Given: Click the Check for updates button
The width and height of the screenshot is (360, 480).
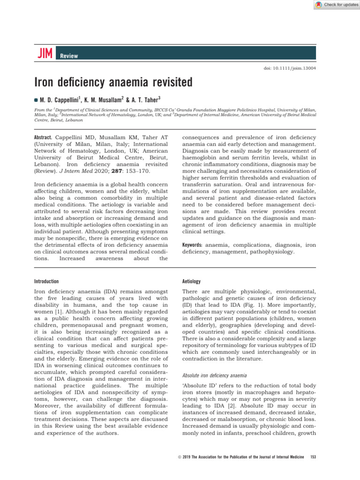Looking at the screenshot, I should tap(337, 4).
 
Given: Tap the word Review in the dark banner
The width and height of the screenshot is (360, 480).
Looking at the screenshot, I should tap(68, 56).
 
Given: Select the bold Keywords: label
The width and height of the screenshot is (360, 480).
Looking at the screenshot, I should tap(192, 244).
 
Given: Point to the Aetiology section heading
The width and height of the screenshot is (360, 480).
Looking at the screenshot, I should tap(191, 281).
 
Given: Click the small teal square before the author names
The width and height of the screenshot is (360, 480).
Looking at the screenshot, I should tap(35, 100).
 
